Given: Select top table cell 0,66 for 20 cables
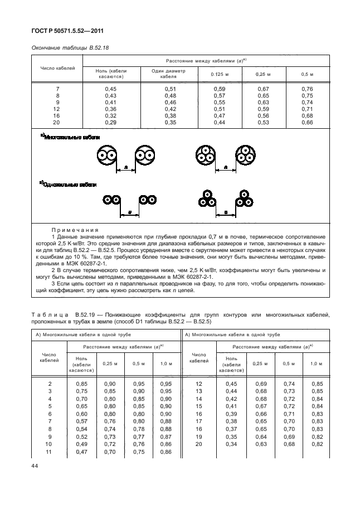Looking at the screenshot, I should [307, 122].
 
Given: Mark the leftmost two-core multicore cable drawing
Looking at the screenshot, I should [105, 155].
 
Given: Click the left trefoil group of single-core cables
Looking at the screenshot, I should [207, 199].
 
